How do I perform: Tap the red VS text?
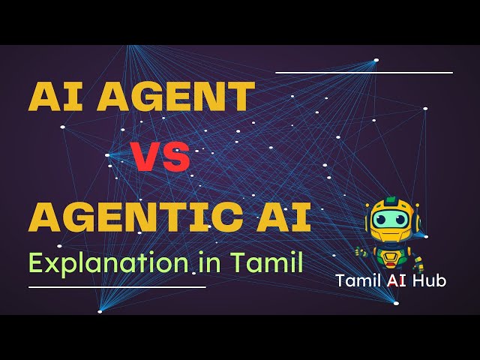coord(160,158)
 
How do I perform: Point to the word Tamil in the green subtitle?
coord(267,263)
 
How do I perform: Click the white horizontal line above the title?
coord(364,73)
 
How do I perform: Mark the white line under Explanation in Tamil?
coord(116,286)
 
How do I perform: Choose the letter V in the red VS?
coord(147,158)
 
